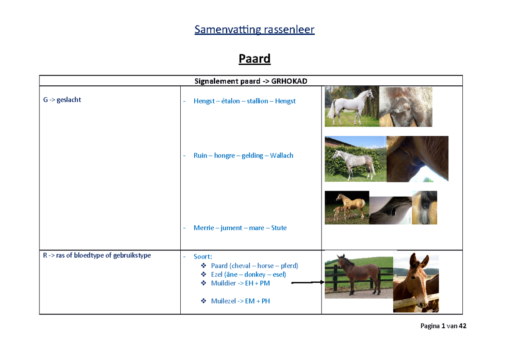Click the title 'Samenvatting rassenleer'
tap(255, 30)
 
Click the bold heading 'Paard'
tap(255, 59)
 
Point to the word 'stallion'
tap(257, 101)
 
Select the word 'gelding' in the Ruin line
tap(253, 155)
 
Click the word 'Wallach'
tap(281, 155)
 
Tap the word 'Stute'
tap(279, 228)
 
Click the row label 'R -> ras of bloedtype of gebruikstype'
tap(97, 256)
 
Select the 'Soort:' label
tap(203, 257)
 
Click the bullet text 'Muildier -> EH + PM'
tap(240, 283)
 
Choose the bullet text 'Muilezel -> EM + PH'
tap(240, 301)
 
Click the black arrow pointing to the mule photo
tap(308, 282)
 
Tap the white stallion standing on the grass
tap(350, 107)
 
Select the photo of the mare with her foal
tap(346, 207)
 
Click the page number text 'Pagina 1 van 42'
tap(443, 326)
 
